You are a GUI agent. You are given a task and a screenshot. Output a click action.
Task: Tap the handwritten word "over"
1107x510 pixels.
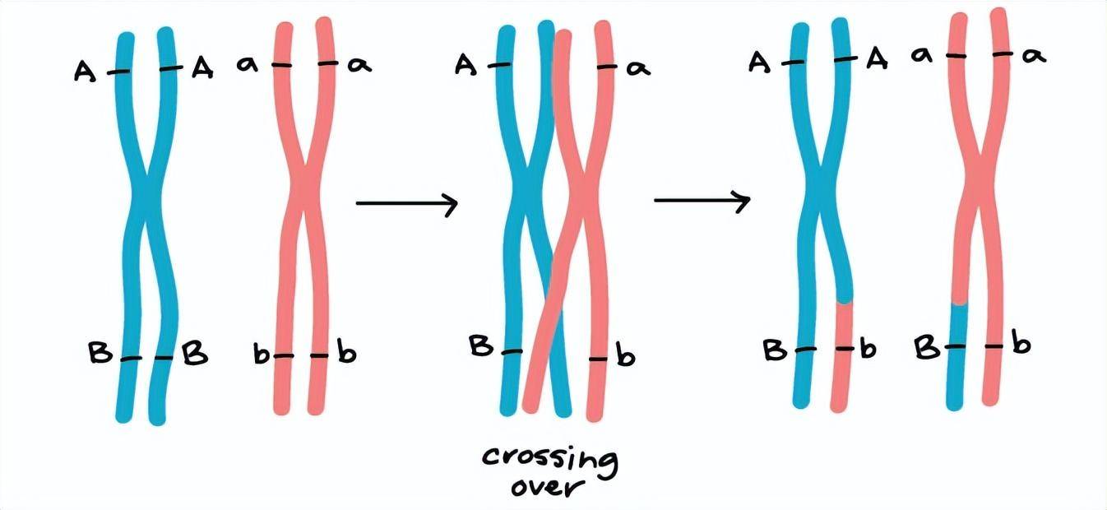[545, 487]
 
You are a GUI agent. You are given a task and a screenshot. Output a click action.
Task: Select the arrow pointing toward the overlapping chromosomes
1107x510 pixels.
[406, 203]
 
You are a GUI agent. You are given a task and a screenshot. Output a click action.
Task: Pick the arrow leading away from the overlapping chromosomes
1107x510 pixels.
[702, 200]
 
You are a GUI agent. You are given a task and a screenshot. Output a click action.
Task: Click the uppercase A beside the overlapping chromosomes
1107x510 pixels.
[466, 65]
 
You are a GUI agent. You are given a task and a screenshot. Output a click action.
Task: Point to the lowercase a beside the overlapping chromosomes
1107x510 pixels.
[638, 67]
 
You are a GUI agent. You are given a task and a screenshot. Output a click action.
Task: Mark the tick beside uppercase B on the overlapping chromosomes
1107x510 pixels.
[512, 351]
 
